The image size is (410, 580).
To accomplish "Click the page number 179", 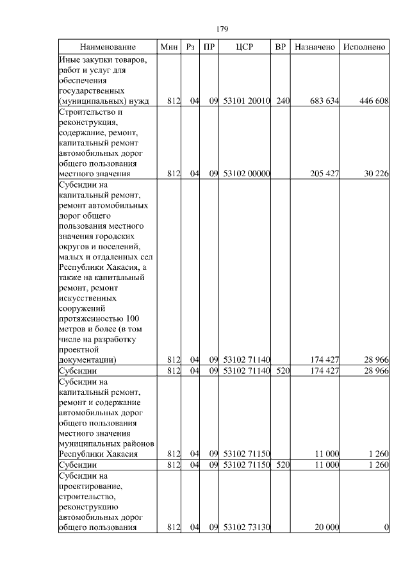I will (222, 29).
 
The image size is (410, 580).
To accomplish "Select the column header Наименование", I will (108, 47).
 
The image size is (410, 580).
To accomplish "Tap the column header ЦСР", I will (245, 47).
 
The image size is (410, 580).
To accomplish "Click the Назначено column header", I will (314, 47).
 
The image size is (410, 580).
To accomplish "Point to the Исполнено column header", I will (364, 47).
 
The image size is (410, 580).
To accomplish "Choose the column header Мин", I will (169, 47).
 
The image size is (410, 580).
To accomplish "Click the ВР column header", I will (280, 47).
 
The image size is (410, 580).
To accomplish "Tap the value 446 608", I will (374, 101).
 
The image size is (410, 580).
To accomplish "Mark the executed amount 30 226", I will (377, 174).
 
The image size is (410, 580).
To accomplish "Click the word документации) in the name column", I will (86, 360).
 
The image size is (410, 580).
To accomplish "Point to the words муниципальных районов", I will (106, 443).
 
